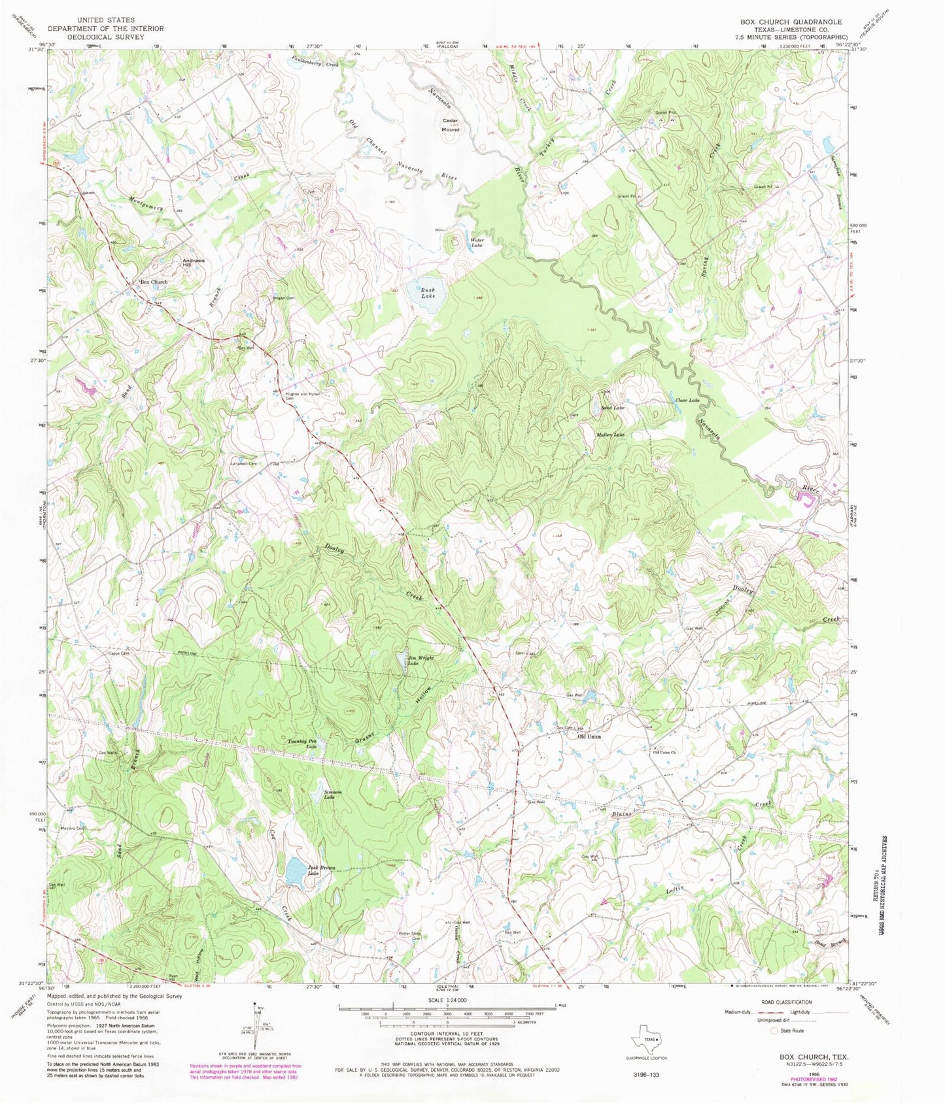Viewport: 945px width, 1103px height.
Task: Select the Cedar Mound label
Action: click(x=451, y=125)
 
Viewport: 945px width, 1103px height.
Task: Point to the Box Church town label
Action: click(x=153, y=282)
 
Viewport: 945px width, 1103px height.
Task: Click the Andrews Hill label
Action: click(x=194, y=263)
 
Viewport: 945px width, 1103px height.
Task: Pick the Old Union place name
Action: click(x=589, y=736)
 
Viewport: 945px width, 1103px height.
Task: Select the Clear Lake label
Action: click(x=687, y=400)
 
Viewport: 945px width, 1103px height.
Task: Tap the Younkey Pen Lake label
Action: click(x=303, y=743)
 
